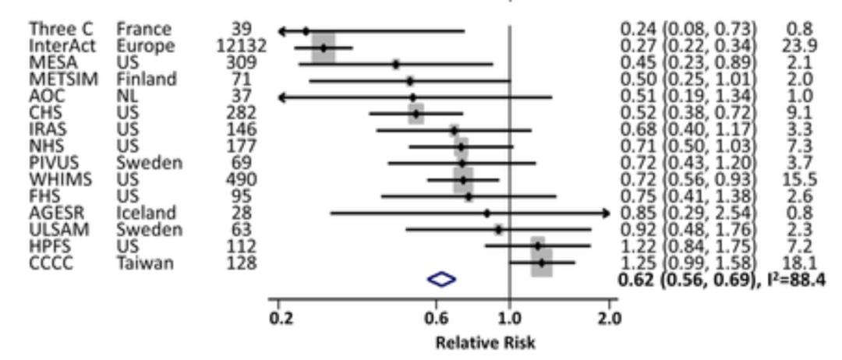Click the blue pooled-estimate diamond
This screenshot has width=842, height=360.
[x=441, y=279]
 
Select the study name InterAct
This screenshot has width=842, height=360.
[x=62, y=47]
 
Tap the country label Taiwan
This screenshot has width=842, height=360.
[x=146, y=263]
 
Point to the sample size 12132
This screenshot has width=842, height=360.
[x=242, y=47]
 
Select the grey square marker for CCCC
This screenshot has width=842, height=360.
[x=541, y=263]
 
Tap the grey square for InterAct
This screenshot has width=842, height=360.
[x=324, y=48]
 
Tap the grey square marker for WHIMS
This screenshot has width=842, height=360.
[x=463, y=179]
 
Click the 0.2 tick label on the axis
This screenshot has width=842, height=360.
[x=279, y=317]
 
